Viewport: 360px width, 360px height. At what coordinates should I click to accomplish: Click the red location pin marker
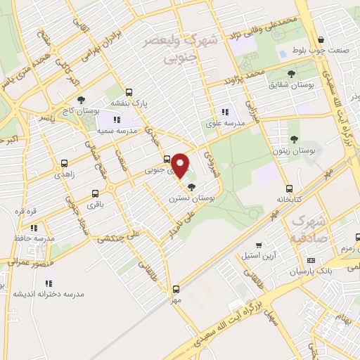click(180, 166)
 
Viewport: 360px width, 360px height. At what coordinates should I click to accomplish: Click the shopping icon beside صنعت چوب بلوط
click(321, 40)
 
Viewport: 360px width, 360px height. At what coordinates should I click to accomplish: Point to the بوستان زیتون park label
click(294, 151)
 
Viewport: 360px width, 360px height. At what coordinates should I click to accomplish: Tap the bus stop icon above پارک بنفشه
click(129, 92)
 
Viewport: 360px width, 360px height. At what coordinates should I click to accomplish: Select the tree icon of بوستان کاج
click(82, 100)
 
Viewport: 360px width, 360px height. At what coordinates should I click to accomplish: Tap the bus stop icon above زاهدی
click(65, 163)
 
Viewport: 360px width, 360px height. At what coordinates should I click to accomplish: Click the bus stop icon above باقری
click(95, 193)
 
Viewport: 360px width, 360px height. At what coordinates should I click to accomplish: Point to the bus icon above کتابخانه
click(289, 188)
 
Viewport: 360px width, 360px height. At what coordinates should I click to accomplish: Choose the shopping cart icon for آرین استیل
click(260, 245)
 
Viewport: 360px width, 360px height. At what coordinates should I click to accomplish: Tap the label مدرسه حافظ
click(29, 238)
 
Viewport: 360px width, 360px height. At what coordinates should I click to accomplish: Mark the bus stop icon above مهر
click(176, 288)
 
